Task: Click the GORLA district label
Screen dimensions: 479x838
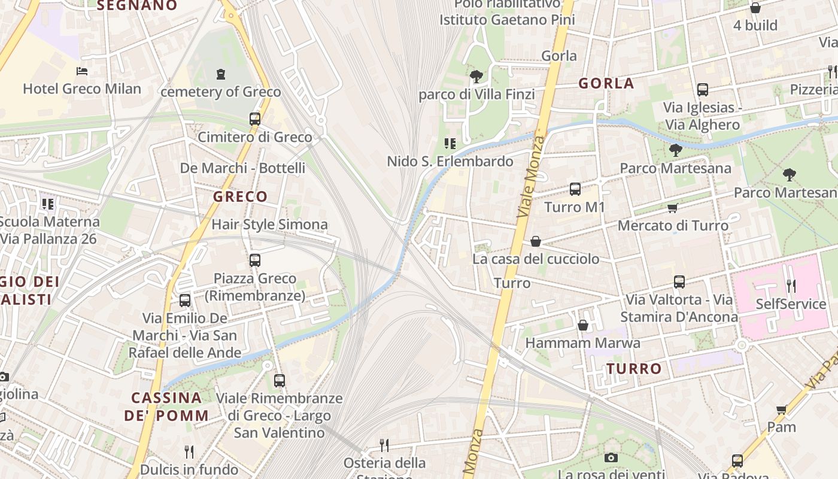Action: point(606,83)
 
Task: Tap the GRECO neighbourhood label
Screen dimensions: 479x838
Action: point(240,196)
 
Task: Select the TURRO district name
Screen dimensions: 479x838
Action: point(634,369)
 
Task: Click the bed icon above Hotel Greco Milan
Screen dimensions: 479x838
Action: point(82,71)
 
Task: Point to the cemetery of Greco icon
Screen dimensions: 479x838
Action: point(221,74)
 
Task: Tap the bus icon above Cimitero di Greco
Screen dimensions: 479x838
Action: point(255,119)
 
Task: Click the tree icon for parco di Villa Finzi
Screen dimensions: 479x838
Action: point(476,77)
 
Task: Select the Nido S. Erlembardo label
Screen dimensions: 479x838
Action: point(450,161)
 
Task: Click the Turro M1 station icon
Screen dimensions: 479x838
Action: point(575,189)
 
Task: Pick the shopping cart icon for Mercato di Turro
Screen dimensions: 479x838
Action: point(673,208)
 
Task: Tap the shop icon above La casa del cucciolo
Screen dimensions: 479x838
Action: point(536,241)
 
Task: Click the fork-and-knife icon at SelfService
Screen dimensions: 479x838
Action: point(791,286)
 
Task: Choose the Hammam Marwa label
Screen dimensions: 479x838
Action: point(582,343)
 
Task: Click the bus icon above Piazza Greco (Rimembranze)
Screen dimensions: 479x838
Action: point(255,260)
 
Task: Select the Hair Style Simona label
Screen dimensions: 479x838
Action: point(269,225)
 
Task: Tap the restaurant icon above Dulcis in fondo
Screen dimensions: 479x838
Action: point(189,451)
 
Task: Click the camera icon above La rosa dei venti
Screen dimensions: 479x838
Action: point(611,458)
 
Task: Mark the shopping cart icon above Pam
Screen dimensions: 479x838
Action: point(781,410)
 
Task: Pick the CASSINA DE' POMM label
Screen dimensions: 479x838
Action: point(166,406)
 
